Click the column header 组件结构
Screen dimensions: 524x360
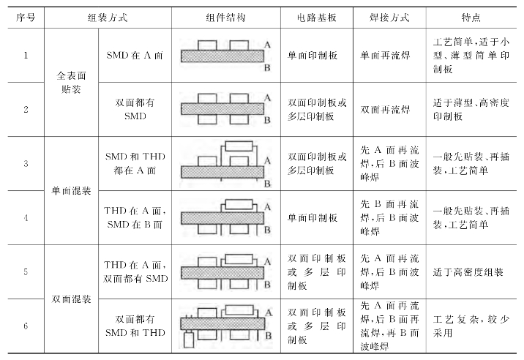(226, 16)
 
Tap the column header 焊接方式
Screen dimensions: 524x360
(389, 16)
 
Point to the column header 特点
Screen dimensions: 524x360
(471, 16)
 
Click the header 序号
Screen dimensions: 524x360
(24, 16)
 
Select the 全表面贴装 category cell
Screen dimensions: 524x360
(71, 82)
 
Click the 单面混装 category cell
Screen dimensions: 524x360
(71, 191)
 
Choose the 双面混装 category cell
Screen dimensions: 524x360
(71, 299)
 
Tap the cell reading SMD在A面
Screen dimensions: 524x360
(136, 55)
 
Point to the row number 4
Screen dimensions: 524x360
(24, 218)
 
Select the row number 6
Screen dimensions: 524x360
(24, 326)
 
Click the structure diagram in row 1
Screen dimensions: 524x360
(225, 55)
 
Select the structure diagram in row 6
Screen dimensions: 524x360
(225, 326)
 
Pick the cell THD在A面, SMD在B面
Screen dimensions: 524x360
(136, 218)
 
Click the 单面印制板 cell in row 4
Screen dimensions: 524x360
(312, 218)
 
